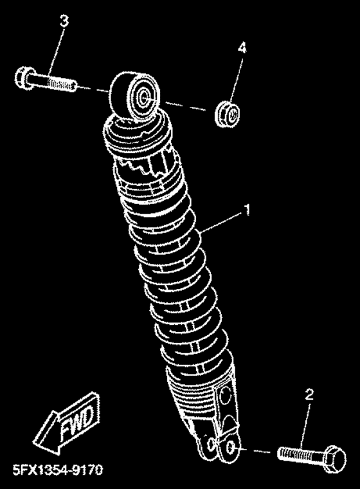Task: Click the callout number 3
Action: tap(64, 21)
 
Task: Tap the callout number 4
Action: tap(242, 48)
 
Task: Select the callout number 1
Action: tap(247, 210)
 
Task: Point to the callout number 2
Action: tap(309, 394)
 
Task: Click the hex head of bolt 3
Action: tap(21, 76)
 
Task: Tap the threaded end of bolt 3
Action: tap(62, 83)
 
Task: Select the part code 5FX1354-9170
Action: tap(58, 469)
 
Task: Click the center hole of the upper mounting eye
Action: tap(144, 98)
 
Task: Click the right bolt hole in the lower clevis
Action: tap(231, 448)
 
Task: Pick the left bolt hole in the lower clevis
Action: tap(212, 444)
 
